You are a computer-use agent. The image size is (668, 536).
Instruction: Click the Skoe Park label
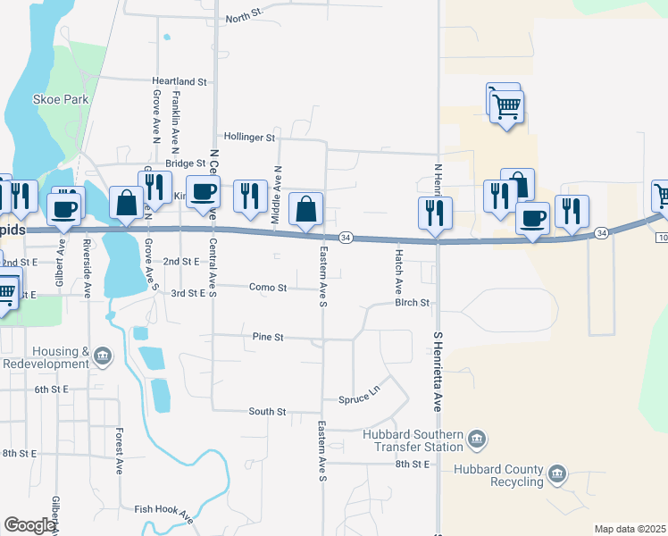click(x=61, y=99)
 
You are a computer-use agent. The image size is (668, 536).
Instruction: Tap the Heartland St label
click(x=180, y=81)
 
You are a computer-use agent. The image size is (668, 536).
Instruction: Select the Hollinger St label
click(x=250, y=138)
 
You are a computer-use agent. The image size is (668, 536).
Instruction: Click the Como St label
click(x=269, y=288)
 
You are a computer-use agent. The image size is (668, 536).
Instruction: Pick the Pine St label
click(x=268, y=337)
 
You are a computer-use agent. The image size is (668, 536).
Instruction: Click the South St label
click(x=267, y=411)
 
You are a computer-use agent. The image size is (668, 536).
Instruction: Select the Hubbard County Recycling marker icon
click(x=557, y=473)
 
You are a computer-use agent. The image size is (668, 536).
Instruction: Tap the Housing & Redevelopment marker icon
click(x=103, y=356)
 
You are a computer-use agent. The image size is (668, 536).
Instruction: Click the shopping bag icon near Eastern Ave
click(x=305, y=211)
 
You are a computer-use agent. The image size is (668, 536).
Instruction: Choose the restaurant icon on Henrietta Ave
click(x=436, y=214)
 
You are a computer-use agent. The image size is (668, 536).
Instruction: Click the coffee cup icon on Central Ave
click(x=204, y=191)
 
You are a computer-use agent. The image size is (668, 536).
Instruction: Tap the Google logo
click(x=29, y=525)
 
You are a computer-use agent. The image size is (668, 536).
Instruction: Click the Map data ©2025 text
click(x=629, y=529)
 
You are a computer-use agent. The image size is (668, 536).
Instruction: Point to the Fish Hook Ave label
click(x=164, y=514)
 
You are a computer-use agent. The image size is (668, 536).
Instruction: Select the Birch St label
click(x=413, y=303)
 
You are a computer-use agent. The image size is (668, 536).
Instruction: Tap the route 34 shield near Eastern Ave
click(x=347, y=237)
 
